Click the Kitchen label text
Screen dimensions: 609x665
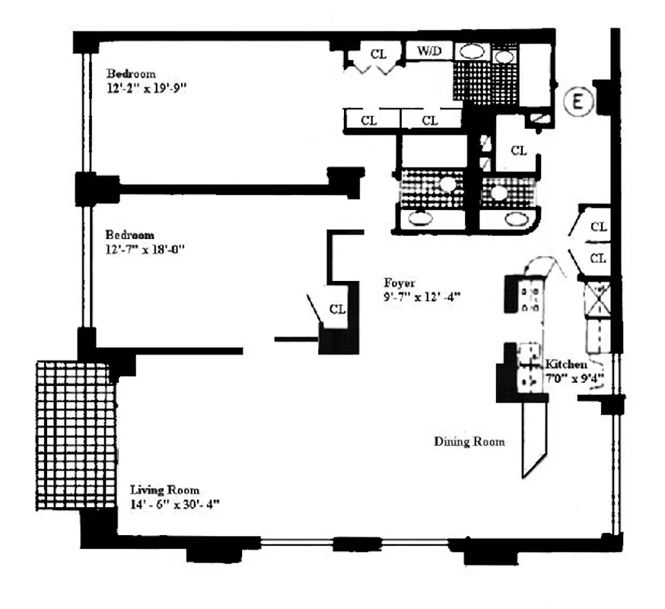(x=565, y=365)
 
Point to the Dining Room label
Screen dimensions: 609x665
(x=469, y=442)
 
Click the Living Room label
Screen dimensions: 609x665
(x=164, y=489)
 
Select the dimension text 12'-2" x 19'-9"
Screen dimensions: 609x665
(x=146, y=88)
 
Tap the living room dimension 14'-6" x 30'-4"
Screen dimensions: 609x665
(x=176, y=504)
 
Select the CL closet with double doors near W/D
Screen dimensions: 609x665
(x=378, y=54)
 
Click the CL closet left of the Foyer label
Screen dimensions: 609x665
(x=338, y=310)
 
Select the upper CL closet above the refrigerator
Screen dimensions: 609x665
(x=598, y=227)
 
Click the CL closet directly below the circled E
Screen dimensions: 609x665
(x=517, y=150)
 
